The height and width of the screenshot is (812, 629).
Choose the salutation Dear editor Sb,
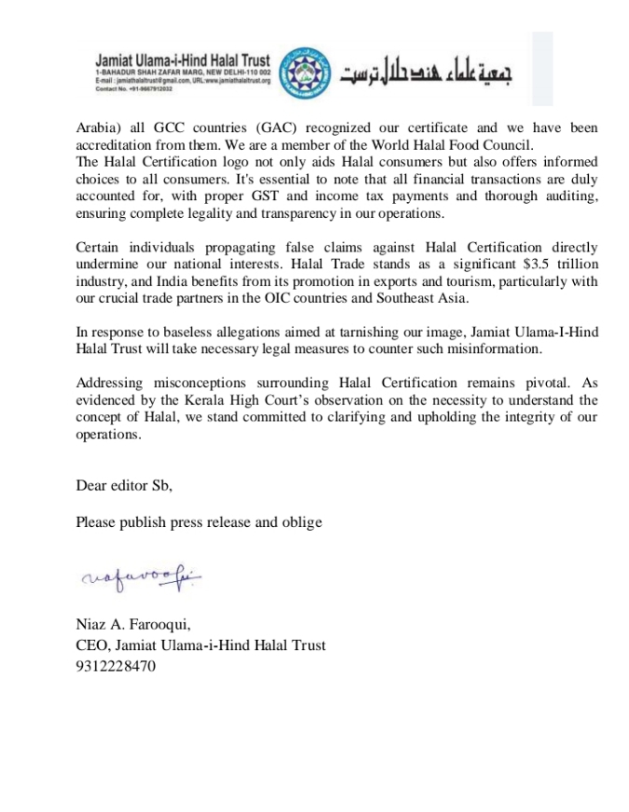[x=124, y=485]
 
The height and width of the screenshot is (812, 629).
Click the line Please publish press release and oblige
[x=198, y=522]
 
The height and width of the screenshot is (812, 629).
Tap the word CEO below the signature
[x=92, y=645]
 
